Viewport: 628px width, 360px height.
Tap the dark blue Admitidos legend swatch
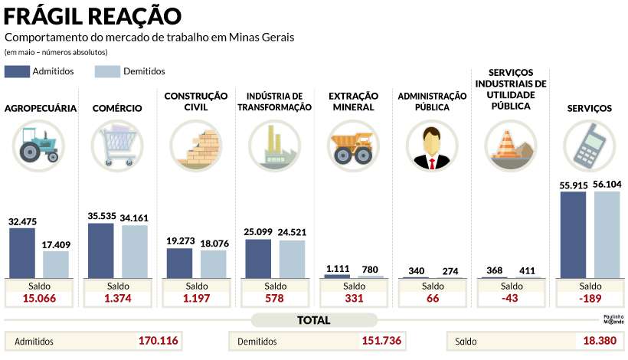(17, 71)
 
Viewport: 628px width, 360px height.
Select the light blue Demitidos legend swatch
(108, 71)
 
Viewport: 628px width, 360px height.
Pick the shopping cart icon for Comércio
(116, 146)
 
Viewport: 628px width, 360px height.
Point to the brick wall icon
(195, 146)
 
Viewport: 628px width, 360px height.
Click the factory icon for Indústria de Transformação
(274, 146)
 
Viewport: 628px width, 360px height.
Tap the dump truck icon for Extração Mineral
(353, 146)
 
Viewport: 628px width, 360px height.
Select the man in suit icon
(431, 146)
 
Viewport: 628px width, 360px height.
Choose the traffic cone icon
(509, 146)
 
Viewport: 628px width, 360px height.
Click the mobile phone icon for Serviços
(588, 146)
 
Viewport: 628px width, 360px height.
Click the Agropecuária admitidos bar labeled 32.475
(22, 253)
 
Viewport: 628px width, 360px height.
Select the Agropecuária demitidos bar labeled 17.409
(56, 264)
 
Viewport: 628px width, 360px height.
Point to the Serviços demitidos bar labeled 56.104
(607, 234)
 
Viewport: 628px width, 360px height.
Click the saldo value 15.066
(39, 299)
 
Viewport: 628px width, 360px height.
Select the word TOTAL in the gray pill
(314, 320)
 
